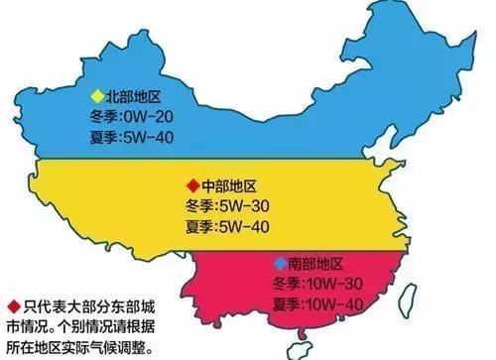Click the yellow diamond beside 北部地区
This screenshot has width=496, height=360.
[95, 96]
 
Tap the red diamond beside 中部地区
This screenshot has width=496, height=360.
[190, 185]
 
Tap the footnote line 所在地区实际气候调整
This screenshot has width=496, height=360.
[78, 343]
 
